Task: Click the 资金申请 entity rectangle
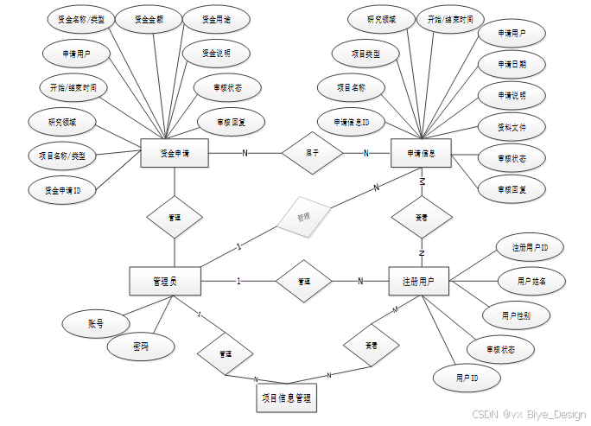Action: [175, 153]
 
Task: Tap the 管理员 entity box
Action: [164, 280]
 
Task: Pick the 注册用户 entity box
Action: [418, 280]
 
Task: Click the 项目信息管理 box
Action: [286, 398]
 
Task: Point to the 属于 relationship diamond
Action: [313, 153]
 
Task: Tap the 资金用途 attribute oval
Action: [217, 18]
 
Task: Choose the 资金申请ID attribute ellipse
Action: [61, 188]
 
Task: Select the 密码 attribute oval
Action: [140, 346]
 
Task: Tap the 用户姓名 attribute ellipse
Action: [530, 281]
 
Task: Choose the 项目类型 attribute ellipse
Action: [365, 54]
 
